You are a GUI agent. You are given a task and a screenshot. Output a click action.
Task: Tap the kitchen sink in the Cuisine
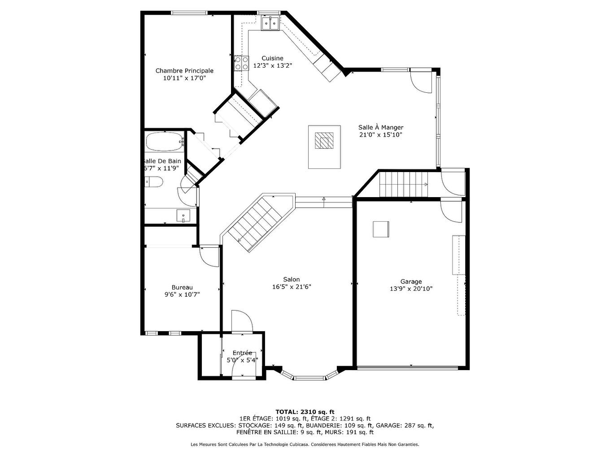270,23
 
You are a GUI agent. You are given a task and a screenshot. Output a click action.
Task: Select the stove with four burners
241,63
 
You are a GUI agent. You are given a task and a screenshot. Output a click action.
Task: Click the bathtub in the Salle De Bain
165,142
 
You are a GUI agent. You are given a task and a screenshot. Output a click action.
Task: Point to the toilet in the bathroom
154,182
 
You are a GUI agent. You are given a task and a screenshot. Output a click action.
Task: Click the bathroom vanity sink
183,216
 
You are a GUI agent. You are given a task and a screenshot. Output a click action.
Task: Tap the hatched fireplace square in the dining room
324,141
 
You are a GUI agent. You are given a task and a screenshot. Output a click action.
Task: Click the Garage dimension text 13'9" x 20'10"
411,289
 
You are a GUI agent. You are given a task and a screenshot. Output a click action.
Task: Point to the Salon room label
292,280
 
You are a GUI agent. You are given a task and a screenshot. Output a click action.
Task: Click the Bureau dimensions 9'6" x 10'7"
182,294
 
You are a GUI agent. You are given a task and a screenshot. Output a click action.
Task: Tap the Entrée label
242,353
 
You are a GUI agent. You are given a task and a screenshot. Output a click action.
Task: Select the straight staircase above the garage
404,184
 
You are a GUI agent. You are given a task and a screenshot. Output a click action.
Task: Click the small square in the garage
381,229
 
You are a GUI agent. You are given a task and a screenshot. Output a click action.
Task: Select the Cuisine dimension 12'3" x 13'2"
273,66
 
